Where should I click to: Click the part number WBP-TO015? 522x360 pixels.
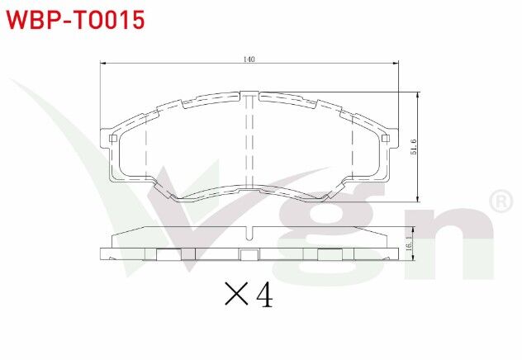[76, 19]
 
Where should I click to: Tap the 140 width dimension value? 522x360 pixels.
[249, 59]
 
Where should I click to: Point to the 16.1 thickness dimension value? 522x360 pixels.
[408, 244]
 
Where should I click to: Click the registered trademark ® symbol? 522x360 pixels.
[501, 201]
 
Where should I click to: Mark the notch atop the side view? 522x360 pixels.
[249, 231]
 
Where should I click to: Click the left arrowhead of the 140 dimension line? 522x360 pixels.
[103, 64]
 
